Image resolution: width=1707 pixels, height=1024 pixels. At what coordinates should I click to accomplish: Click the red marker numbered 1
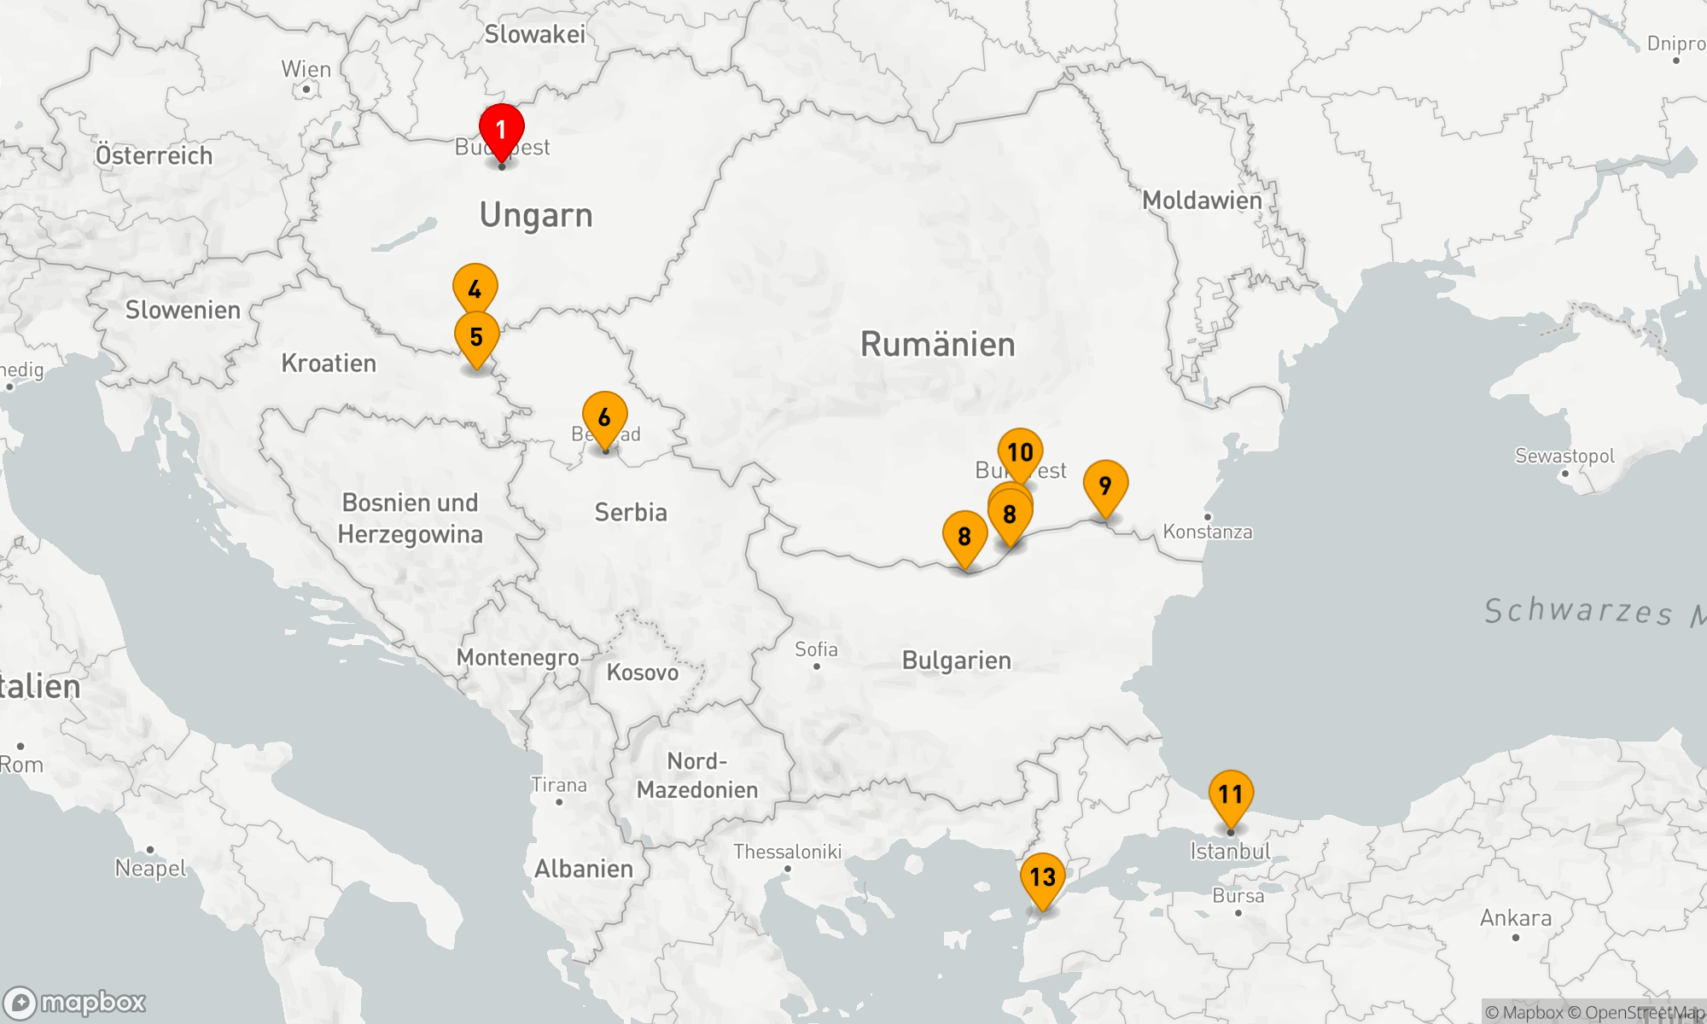pos(501,131)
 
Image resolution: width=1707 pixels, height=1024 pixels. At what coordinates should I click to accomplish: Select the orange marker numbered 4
pos(475,289)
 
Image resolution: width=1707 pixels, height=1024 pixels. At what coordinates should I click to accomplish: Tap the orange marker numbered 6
pos(604,417)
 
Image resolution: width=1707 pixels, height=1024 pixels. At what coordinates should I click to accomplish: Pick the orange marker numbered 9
pos(1105,486)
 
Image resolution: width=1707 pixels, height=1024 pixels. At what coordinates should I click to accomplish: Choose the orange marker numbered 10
pos(1020,451)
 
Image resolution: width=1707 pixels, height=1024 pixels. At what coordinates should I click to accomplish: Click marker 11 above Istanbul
pos(1230,794)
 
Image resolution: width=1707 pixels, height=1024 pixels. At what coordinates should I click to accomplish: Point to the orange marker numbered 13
pos(1042,877)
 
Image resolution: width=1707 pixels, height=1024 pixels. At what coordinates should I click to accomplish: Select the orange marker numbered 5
pos(476,337)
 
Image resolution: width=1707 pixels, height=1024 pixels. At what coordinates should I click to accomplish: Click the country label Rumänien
pos(937,345)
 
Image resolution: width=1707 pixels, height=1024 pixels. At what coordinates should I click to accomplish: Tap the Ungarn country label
pos(536,215)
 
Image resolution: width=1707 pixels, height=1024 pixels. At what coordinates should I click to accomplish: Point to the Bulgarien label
pos(956,660)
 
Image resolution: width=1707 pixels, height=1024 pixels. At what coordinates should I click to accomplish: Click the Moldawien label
pos(1202,201)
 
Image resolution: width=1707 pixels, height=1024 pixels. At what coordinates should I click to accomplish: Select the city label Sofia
pos(816,650)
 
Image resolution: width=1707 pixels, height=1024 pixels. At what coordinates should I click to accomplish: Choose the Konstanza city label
pos(1207,532)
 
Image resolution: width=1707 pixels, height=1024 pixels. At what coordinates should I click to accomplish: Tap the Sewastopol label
pos(1564,456)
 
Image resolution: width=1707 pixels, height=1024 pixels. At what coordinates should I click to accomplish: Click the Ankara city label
pos(1515,919)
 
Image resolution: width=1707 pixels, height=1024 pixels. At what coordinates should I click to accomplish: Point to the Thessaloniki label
pos(787,852)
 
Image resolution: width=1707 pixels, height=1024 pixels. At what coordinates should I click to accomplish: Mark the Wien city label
pos(306,70)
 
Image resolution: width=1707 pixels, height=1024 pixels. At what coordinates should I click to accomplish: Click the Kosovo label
pos(642,672)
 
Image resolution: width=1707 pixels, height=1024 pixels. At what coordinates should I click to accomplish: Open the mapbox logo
pos(75,1002)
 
